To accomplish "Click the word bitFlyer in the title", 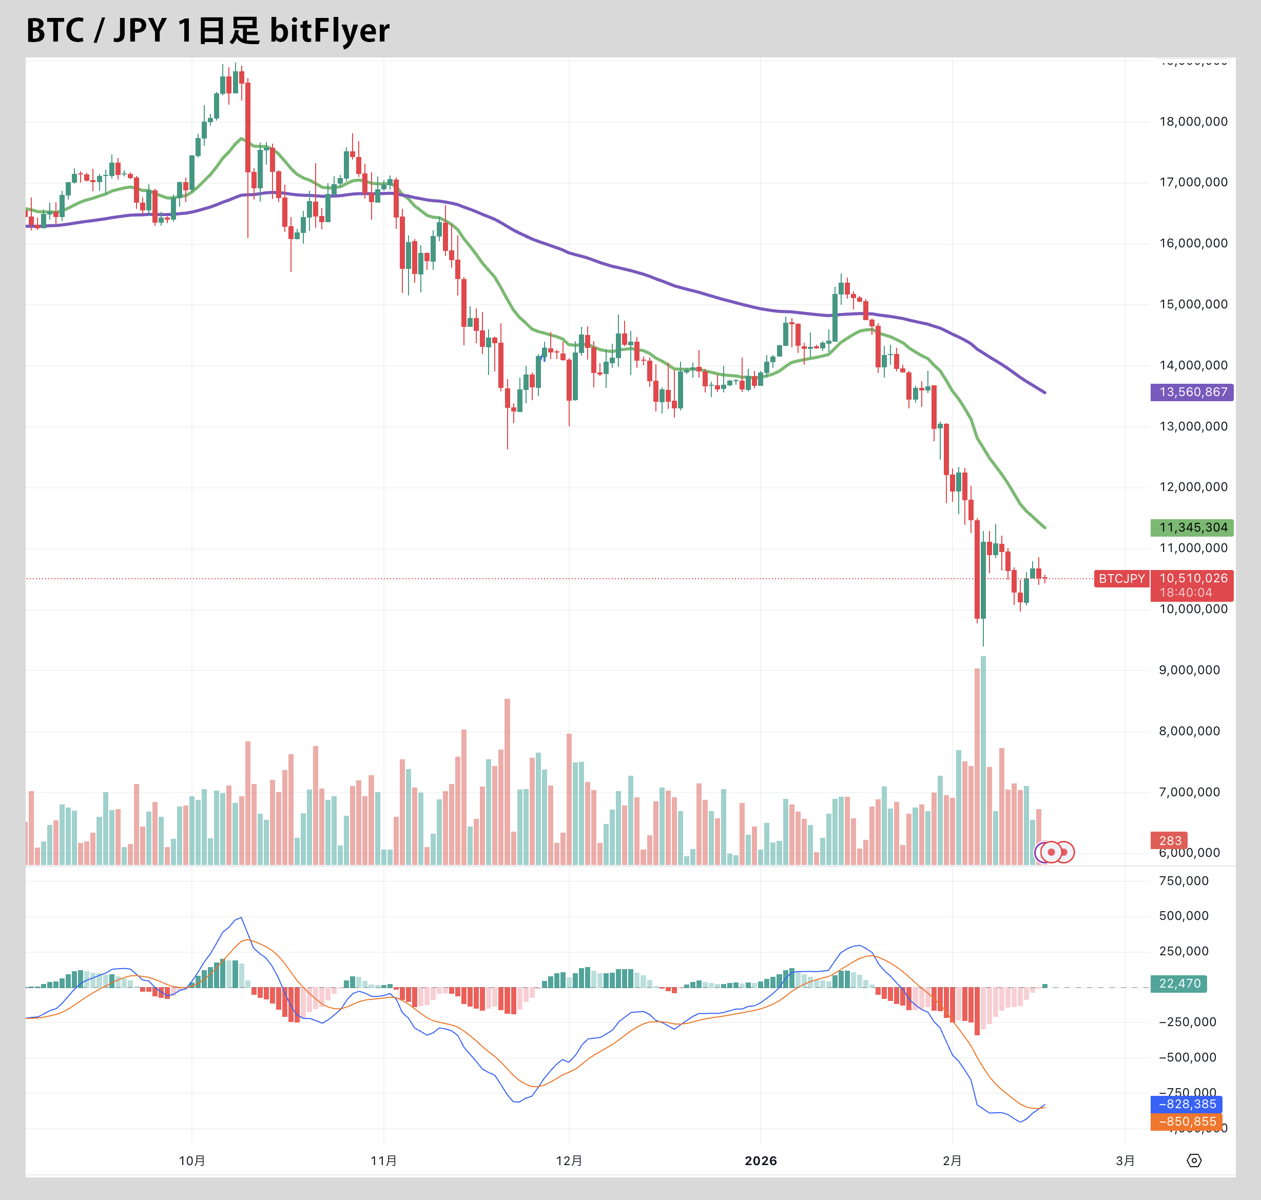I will (x=329, y=30).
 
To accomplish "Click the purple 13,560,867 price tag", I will (x=1191, y=392).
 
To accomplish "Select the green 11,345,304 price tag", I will (x=1191, y=528).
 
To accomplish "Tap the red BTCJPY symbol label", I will (x=1121, y=579).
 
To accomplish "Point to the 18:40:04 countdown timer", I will (x=1186, y=593).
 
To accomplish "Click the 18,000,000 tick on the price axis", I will (x=1193, y=122).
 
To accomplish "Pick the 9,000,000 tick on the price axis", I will (x=1189, y=670).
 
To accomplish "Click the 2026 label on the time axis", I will (x=760, y=1161).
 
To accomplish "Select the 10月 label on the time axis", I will (x=192, y=1161).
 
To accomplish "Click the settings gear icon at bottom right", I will (x=1194, y=1160).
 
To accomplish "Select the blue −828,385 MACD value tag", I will (x=1187, y=1104).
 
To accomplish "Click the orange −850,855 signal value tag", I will (x=1187, y=1122).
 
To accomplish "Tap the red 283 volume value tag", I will (x=1170, y=840).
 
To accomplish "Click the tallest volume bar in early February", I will (x=983, y=761).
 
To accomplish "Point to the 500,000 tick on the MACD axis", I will (x=1184, y=916).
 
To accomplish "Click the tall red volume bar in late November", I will (x=508, y=780).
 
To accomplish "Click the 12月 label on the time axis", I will (x=569, y=1161).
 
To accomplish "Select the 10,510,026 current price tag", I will (x=1193, y=578).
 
